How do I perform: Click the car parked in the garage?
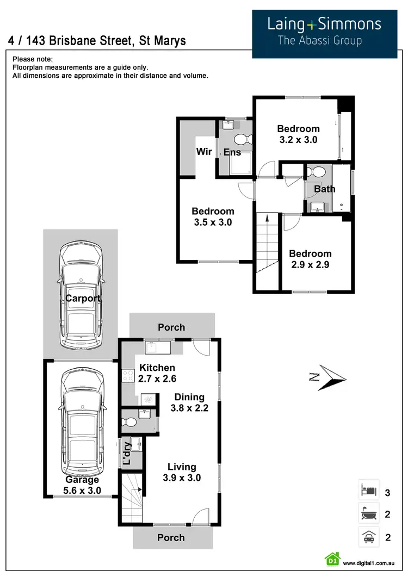click(81, 421)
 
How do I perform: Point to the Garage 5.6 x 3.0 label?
click(82, 485)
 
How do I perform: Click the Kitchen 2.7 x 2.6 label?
click(157, 373)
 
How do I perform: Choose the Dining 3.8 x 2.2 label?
click(190, 402)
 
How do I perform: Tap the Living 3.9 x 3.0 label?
click(182, 473)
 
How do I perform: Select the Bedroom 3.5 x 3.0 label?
click(213, 216)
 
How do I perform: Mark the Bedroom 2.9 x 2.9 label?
click(310, 259)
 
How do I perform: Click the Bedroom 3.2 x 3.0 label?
click(298, 134)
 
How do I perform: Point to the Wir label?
click(204, 152)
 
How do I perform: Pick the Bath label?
click(325, 189)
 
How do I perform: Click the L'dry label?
click(127, 454)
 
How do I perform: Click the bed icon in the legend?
click(368, 491)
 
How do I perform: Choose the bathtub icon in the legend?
click(368, 513)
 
